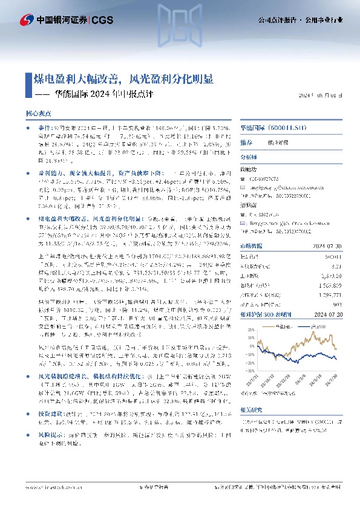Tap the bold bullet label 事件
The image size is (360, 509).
coord(45,129)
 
